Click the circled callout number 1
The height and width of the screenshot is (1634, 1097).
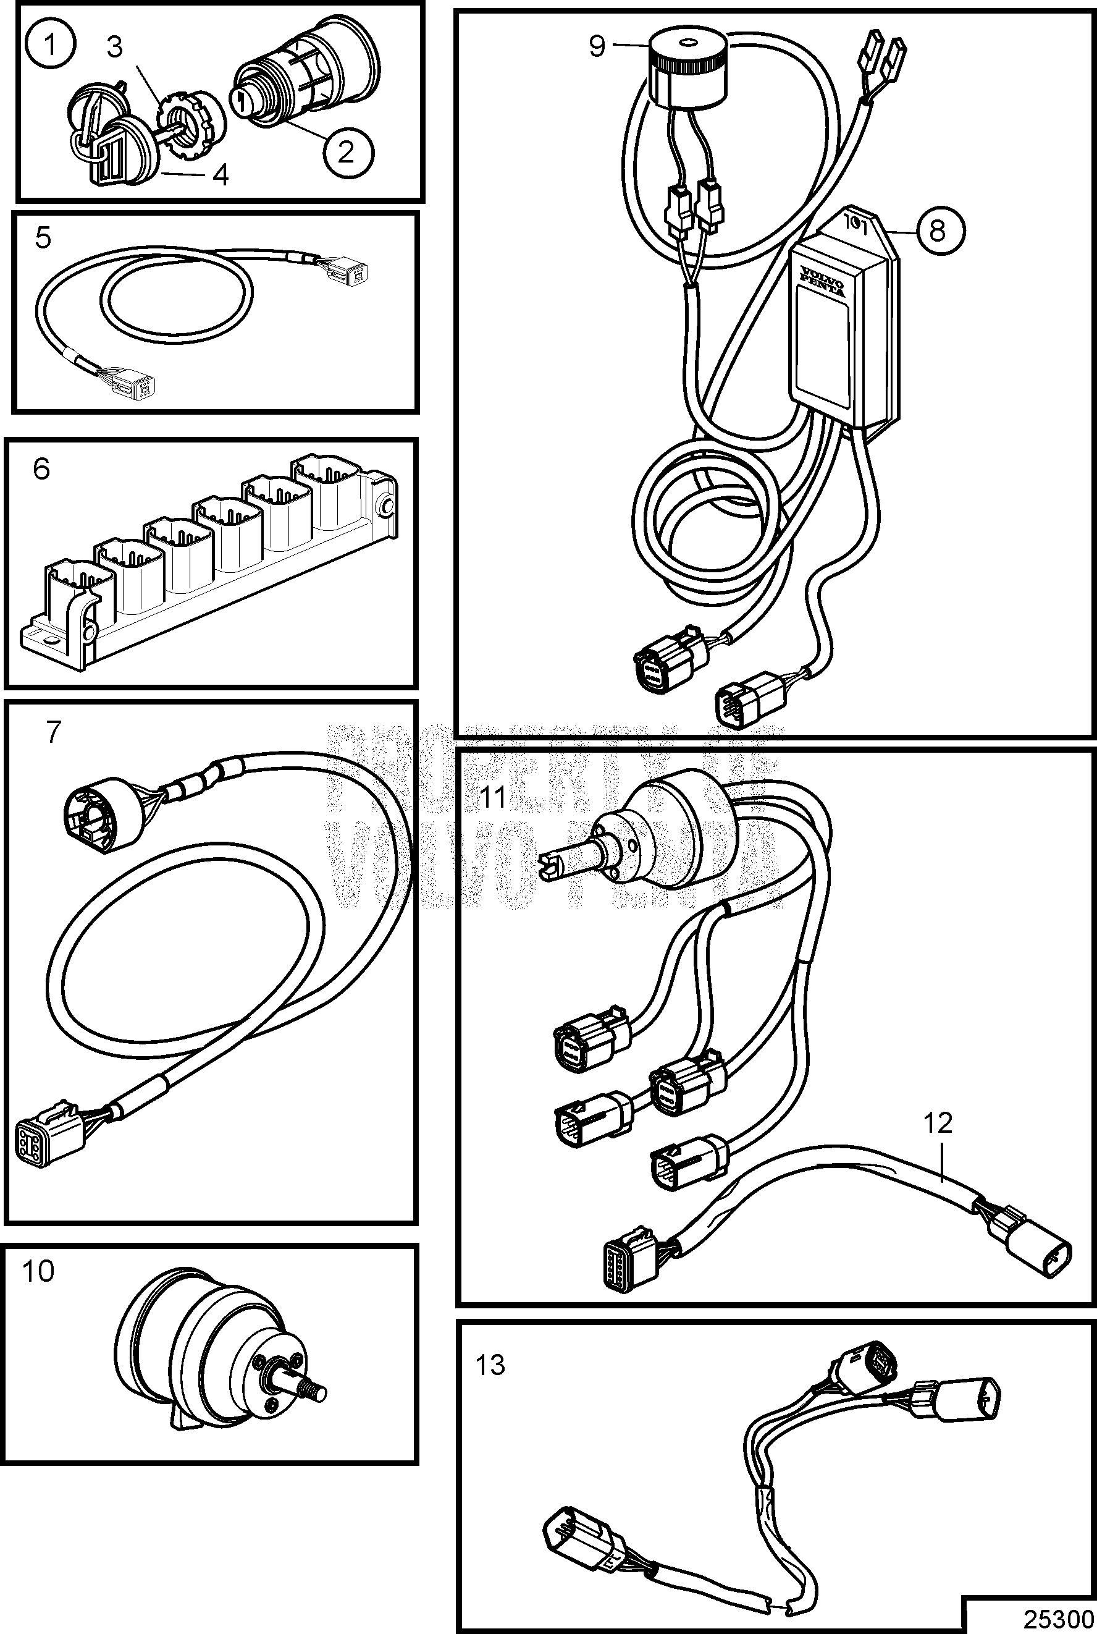51,46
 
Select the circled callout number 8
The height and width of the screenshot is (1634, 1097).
938,229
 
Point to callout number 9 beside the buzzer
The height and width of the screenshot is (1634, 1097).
597,46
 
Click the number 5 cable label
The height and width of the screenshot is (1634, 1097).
43,238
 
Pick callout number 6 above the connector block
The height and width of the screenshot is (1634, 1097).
41,469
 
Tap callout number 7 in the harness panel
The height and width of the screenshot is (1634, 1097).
53,732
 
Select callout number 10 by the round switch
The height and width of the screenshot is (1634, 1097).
38,1271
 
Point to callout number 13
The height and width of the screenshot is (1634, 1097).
490,1365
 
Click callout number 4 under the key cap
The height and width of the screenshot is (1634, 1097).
221,175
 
